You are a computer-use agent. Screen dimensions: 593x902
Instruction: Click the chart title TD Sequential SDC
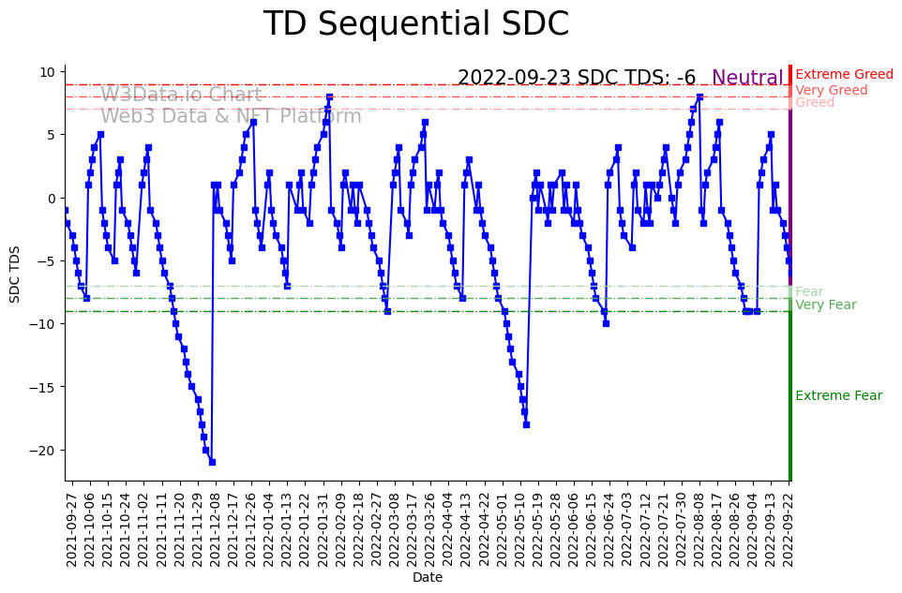click(x=415, y=24)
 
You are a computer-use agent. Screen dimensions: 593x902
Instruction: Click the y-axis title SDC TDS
click(x=15, y=273)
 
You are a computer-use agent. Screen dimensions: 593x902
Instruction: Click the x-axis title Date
click(x=428, y=578)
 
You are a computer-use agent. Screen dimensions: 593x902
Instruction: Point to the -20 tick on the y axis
click(x=46, y=451)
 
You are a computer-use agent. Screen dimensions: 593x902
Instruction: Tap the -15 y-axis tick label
click(x=46, y=387)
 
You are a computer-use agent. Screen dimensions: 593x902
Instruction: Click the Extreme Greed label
click(x=844, y=75)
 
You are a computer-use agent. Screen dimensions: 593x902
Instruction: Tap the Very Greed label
click(x=832, y=90)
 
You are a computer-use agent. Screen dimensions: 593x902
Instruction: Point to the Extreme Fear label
click(x=838, y=396)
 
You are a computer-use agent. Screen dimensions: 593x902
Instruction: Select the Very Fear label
click(x=825, y=305)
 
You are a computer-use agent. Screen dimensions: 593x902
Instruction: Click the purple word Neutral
click(x=747, y=79)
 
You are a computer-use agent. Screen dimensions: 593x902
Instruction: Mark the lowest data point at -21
click(x=212, y=462)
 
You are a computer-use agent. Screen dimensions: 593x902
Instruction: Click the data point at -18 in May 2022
click(x=526, y=424)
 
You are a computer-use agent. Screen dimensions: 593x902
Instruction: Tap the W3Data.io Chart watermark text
click(x=181, y=95)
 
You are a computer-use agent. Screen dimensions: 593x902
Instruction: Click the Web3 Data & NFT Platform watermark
click(x=231, y=116)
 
